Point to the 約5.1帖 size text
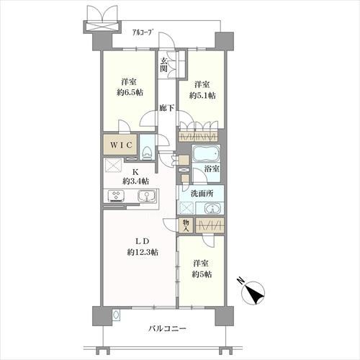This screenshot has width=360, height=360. tap(204, 94)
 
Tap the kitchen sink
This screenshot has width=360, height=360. tap(144, 197)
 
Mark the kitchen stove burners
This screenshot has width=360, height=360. tap(115, 196)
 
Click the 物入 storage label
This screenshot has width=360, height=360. tap(185, 225)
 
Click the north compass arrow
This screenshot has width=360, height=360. tap(253, 292)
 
